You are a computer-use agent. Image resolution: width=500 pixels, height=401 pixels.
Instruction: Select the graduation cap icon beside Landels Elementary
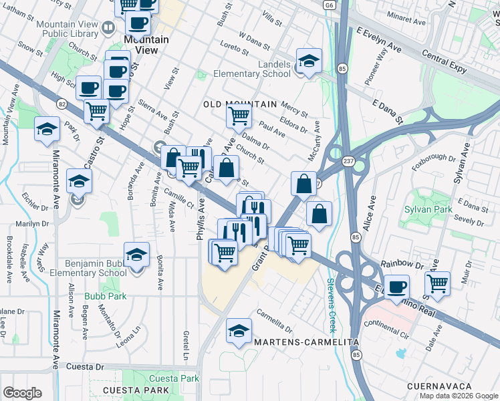tap(309, 61)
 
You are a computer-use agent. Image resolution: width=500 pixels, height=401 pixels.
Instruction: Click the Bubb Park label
tap(100, 295)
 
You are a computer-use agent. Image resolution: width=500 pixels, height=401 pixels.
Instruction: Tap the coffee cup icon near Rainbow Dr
tap(396, 287)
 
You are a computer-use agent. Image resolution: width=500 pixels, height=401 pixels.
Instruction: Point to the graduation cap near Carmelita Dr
tap(239, 330)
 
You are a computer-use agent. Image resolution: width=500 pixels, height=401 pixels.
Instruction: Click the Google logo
tap(22, 393)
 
